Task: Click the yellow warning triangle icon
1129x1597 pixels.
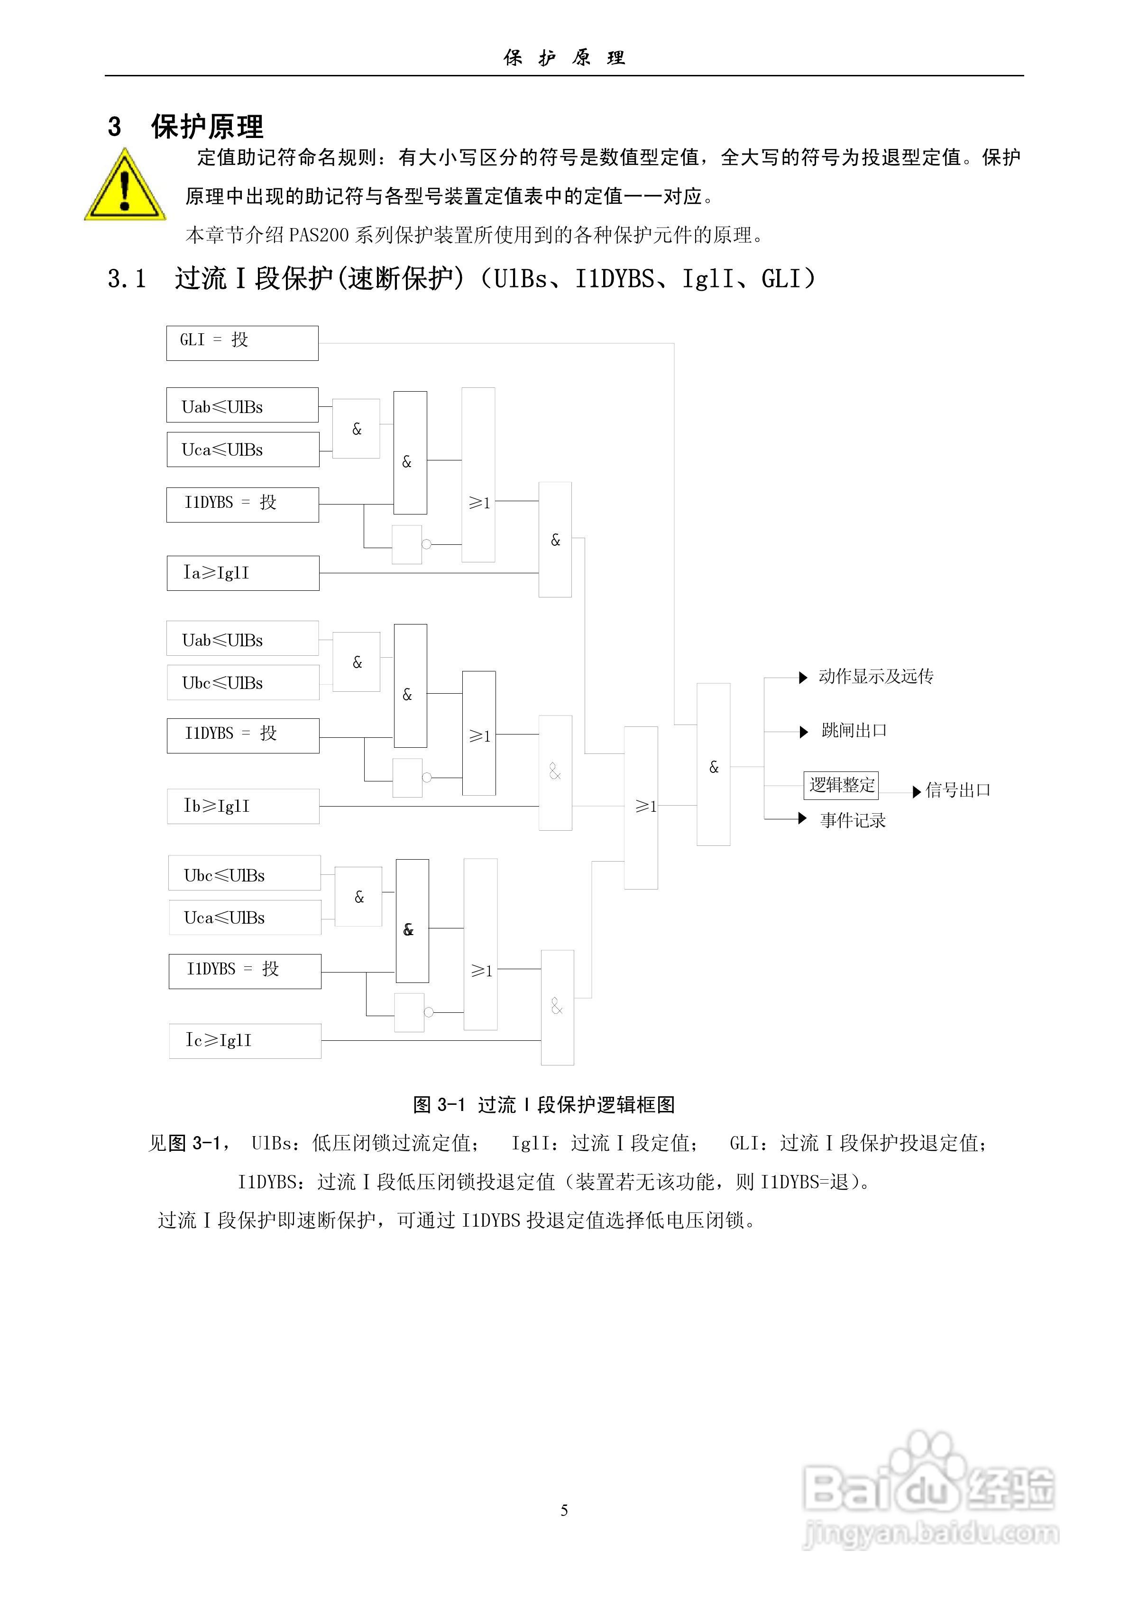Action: point(125,186)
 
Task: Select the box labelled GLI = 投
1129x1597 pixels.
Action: point(242,343)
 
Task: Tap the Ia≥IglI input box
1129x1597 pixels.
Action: point(243,573)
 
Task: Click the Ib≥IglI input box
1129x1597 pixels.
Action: point(243,806)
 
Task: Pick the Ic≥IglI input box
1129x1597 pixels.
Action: point(245,1040)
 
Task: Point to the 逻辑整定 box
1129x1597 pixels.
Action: point(841,785)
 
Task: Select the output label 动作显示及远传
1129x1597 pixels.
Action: point(876,677)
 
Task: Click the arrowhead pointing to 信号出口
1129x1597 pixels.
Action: point(917,791)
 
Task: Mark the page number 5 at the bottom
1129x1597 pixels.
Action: point(564,1510)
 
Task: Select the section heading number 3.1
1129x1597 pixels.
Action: point(127,279)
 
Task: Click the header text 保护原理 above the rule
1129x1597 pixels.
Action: point(564,58)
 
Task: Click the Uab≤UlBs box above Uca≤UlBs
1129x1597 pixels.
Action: point(242,405)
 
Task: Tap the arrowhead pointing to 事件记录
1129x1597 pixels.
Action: point(803,819)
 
